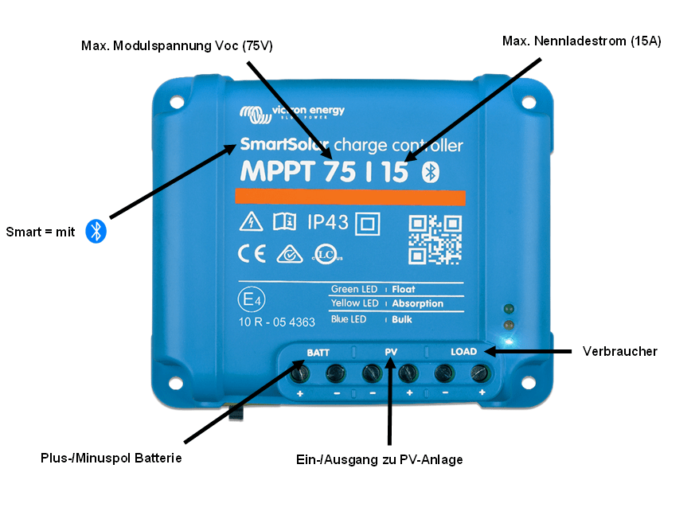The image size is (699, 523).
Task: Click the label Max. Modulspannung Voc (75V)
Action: pos(177,46)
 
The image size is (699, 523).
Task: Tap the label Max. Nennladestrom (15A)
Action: pos(581,40)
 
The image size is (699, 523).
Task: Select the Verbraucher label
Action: pos(619,351)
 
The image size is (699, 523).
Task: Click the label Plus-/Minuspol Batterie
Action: pos(111,459)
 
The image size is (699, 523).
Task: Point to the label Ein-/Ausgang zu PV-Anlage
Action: pos(379,459)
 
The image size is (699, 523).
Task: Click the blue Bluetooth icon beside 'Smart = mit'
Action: pos(96,232)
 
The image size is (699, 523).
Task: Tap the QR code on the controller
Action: pos(435,238)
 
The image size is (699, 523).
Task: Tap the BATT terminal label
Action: pos(318,352)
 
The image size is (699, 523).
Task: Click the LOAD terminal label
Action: pos(463,352)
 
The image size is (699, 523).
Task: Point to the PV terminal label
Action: pos(390,352)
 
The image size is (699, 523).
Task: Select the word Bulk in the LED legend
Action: pos(402,319)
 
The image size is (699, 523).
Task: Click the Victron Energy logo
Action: pos(291,113)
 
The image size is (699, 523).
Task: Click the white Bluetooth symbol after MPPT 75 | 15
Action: pos(430,172)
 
